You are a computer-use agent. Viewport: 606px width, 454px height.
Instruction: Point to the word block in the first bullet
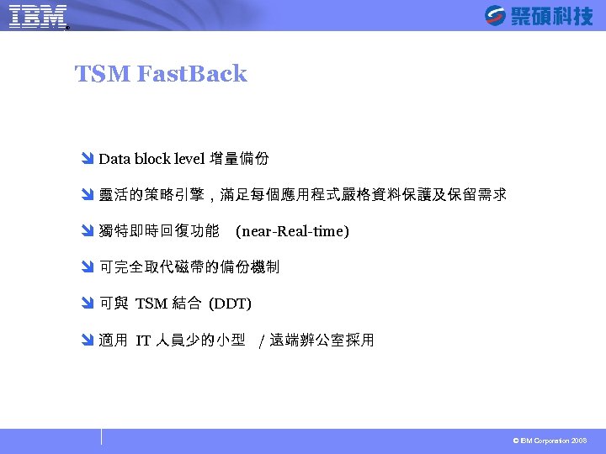(151, 159)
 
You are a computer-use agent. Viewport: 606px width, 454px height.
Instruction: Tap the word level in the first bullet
(190, 159)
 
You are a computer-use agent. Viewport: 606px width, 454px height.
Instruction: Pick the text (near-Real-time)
(292, 231)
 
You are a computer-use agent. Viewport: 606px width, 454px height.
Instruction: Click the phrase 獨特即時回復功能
(159, 231)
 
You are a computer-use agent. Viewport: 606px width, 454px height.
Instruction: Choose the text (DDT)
(230, 304)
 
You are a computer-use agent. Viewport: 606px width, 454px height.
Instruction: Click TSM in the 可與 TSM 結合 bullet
(151, 304)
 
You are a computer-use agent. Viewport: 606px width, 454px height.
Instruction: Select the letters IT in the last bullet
(143, 340)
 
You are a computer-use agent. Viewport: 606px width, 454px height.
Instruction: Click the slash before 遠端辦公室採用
(263, 340)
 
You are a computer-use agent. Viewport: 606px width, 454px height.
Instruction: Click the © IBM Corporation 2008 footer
(550, 441)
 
